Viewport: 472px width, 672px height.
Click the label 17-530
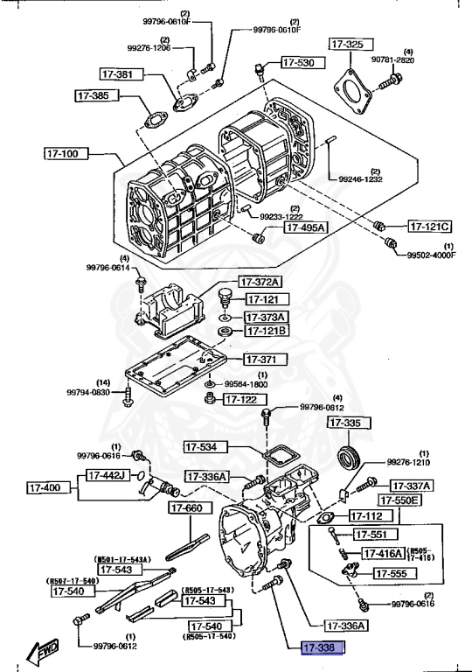(300, 62)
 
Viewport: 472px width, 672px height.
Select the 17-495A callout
(303, 227)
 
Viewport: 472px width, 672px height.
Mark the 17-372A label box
(261, 282)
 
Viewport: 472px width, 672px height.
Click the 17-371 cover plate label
(261, 360)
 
